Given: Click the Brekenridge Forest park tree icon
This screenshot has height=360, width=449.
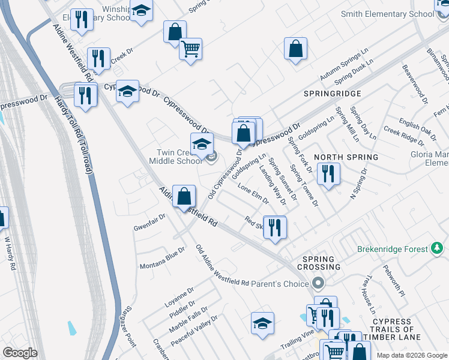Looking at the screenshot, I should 438,248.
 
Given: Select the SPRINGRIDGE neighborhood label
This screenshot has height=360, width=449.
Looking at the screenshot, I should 332,94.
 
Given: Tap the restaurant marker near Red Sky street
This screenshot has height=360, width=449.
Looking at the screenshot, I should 275,227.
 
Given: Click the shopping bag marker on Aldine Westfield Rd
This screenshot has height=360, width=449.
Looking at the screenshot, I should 184,196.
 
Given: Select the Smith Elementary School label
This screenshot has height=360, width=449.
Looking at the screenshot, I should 387,14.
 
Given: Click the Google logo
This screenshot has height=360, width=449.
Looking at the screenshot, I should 20,353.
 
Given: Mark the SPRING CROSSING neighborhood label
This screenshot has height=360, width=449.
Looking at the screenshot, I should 321,262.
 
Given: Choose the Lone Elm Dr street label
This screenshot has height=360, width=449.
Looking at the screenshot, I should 253,196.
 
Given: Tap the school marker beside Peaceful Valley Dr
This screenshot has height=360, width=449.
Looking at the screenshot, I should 262,324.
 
